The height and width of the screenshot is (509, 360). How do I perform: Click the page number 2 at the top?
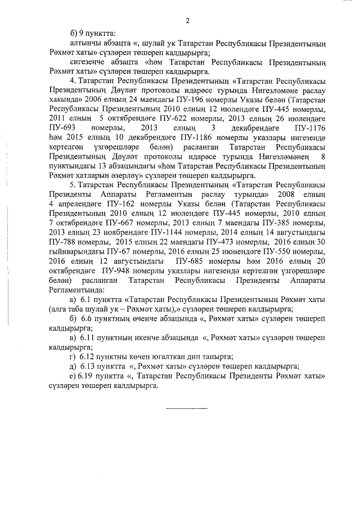(187, 21)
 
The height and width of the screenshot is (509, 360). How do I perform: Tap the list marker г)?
(72, 357)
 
